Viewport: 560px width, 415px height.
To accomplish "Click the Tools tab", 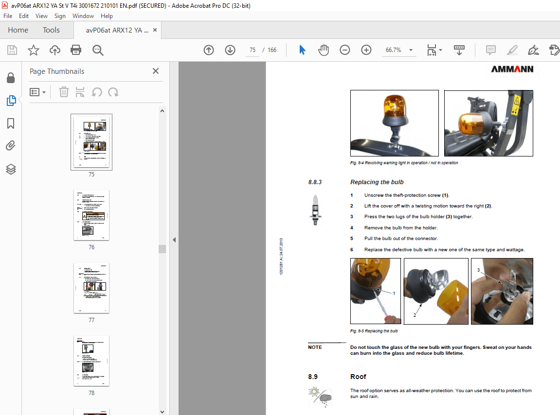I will click(51, 30).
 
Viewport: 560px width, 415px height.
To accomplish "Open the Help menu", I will click(107, 16).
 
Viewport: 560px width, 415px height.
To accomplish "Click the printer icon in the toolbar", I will click(76, 50).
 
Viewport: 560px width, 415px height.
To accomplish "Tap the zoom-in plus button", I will click(366, 50).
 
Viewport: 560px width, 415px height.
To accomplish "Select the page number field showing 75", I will click(253, 50).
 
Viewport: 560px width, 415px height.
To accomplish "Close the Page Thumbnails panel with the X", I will click(156, 71).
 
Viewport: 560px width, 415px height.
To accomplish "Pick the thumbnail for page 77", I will click(91, 288).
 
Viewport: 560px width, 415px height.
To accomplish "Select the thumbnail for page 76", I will click(91, 215).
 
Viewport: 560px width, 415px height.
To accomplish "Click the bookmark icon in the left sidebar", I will click(11, 123).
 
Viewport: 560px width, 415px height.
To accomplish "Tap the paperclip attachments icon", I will click(11, 146).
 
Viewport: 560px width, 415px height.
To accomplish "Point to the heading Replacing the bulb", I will click(377, 182).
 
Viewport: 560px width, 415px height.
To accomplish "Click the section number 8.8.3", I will click(315, 182).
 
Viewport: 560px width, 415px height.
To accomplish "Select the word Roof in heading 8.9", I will click(358, 377).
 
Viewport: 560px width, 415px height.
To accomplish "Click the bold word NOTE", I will click(315, 347).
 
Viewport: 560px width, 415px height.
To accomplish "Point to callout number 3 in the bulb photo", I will click(478, 270).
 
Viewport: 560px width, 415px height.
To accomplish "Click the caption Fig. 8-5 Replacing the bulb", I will click(374, 331).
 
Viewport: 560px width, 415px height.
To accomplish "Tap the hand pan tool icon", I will click(324, 50).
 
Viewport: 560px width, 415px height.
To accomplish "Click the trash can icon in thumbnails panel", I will click(64, 92).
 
